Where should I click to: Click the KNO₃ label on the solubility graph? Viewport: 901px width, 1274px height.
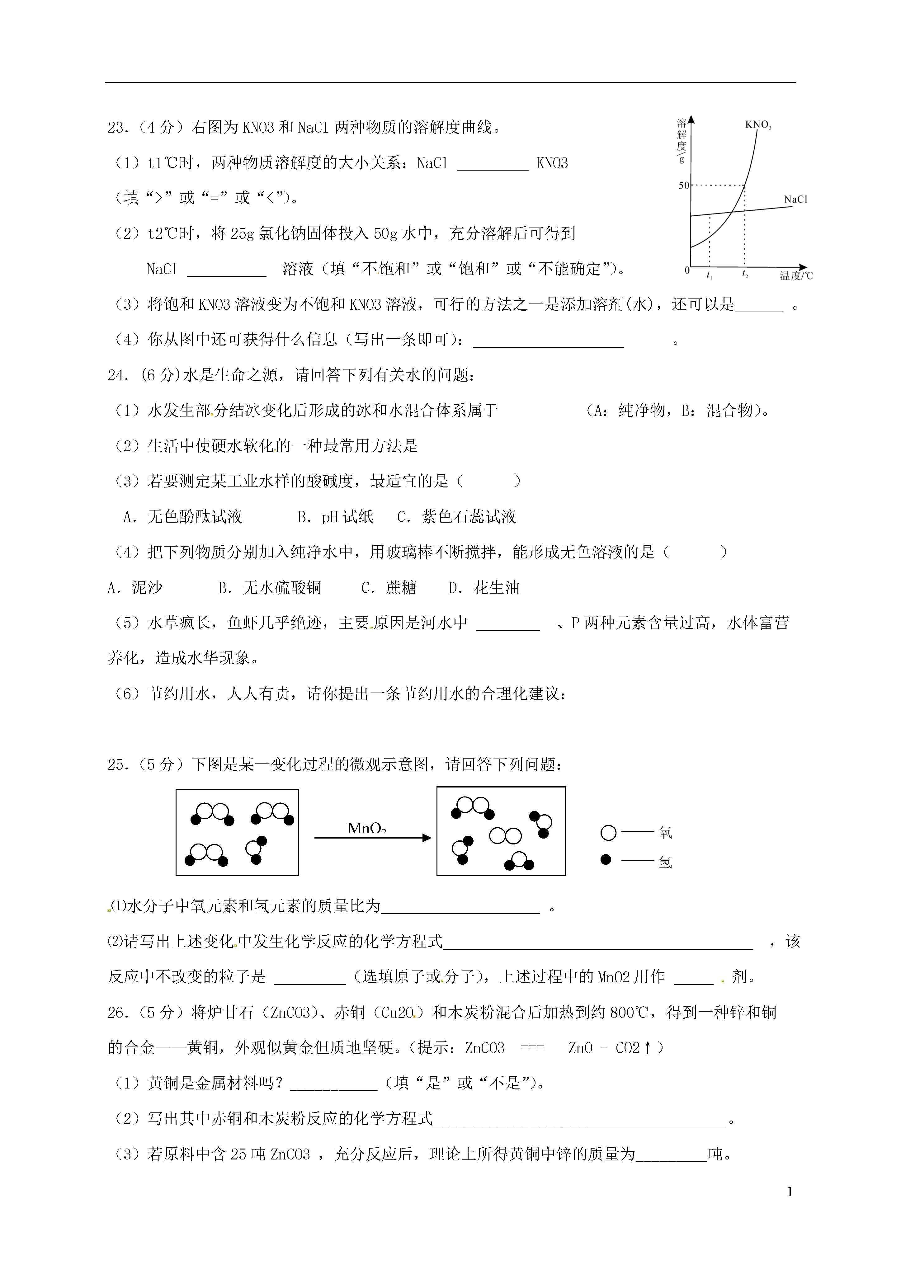(758, 125)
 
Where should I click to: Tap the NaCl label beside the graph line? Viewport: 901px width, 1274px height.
(795, 199)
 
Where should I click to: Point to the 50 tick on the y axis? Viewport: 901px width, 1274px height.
(683, 185)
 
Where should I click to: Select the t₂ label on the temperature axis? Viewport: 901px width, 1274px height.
(745, 275)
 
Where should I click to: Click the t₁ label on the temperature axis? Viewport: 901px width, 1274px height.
(710, 275)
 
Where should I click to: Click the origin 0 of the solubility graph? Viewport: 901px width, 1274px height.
(687, 270)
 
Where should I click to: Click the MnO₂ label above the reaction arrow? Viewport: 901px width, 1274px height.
(366, 829)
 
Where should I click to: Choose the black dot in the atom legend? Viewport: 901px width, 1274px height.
(606, 859)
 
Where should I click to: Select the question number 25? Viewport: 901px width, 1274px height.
(118, 765)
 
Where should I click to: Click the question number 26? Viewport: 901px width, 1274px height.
(118, 1013)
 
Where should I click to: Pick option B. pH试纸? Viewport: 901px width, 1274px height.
(335, 517)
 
